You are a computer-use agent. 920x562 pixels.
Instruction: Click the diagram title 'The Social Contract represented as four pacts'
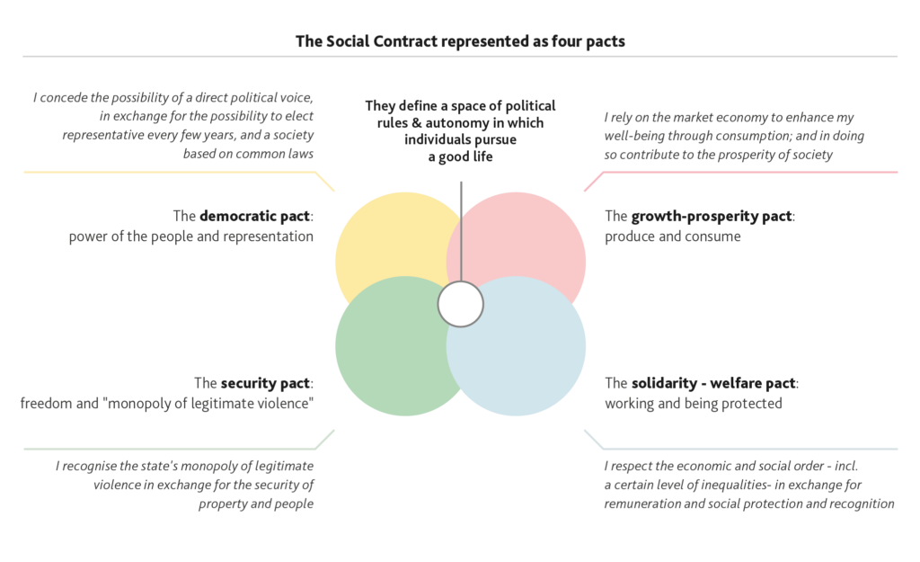pos(460,41)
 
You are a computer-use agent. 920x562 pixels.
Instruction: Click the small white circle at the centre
pos(461,304)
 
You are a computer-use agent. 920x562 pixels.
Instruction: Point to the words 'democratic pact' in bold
pos(254,216)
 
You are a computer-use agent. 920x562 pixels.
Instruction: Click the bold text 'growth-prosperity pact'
pos(712,216)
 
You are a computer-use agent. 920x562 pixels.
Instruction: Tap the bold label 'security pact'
pos(265,383)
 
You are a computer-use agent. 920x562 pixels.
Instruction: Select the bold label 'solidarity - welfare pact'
pos(713,383)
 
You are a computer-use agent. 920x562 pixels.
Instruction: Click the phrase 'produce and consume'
pos(672,236)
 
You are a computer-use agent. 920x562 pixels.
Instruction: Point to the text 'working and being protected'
pos(693,404)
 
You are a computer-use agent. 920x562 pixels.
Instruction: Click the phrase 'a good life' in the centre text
pos(461,156)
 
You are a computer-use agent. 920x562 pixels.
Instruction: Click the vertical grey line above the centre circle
pos(461,231)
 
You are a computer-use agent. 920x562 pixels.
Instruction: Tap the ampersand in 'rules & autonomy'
pos(417,123)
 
